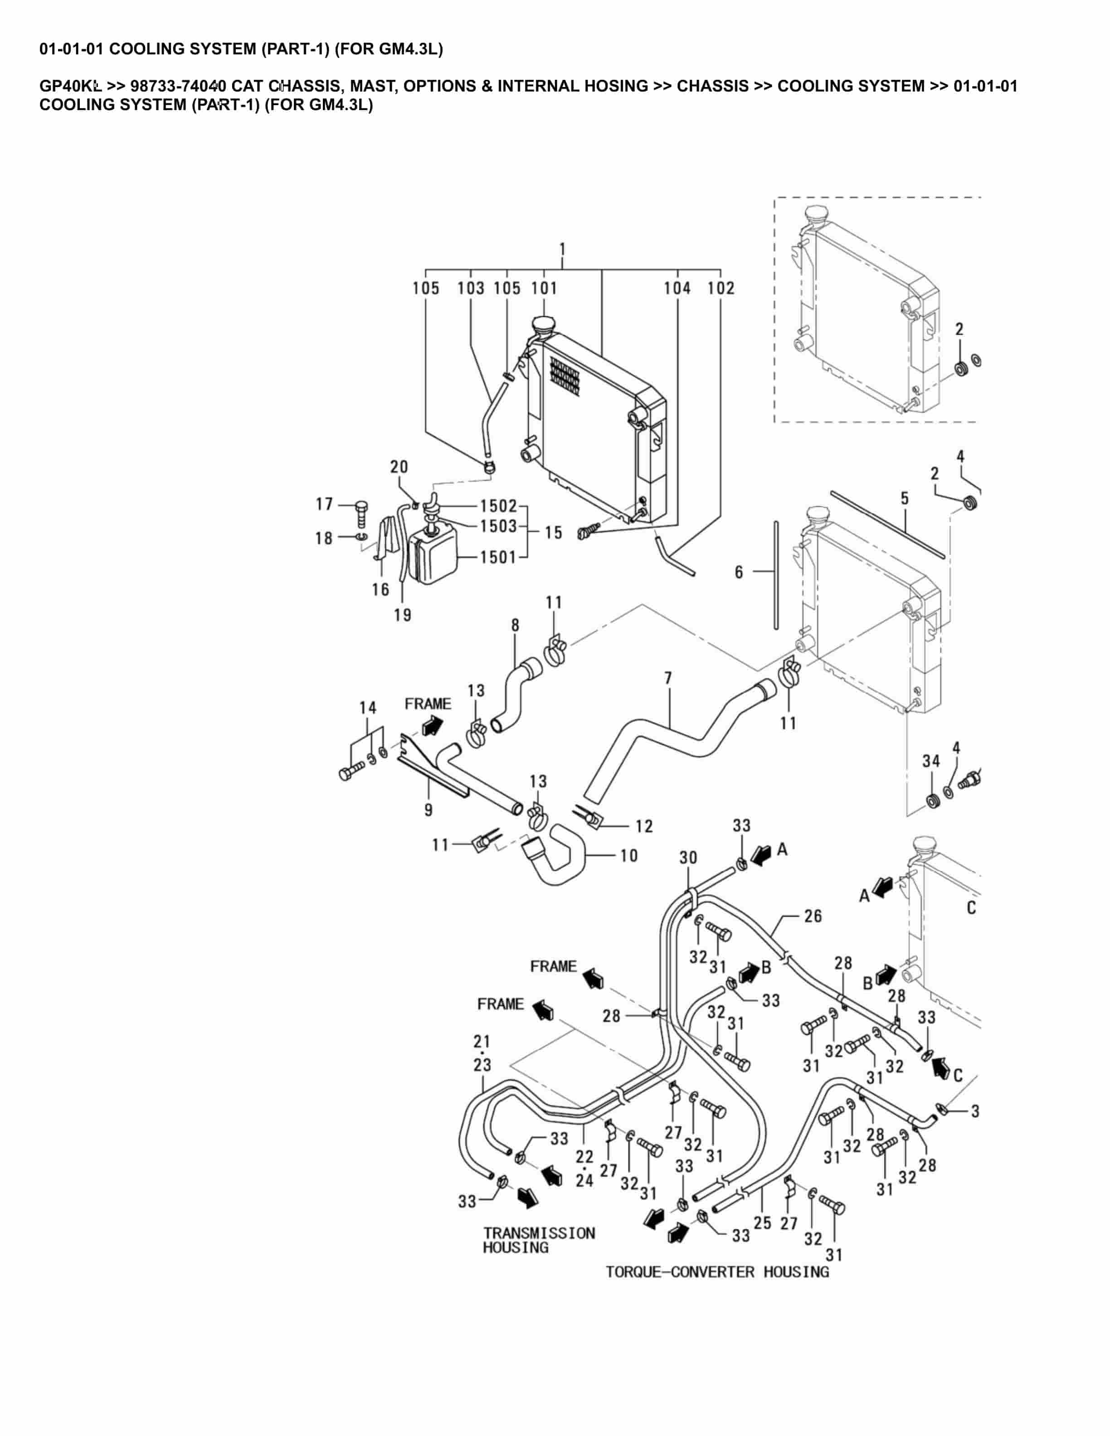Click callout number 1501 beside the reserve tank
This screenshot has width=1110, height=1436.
coord(498,558)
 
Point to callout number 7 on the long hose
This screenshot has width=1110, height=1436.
coord(668,678)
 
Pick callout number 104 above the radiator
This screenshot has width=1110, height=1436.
coord(677,288)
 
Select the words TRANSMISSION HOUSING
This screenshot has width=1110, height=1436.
coord(539,1240)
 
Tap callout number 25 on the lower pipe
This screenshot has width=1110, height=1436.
coord(762,1223)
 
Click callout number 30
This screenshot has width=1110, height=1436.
coord(688,858)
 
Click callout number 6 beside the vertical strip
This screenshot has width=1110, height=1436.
coord(739,572)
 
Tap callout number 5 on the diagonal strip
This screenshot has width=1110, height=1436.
coord(905,499)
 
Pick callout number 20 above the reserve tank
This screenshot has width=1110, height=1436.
coord(399,467)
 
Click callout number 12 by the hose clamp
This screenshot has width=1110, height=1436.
coord(644,826)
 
